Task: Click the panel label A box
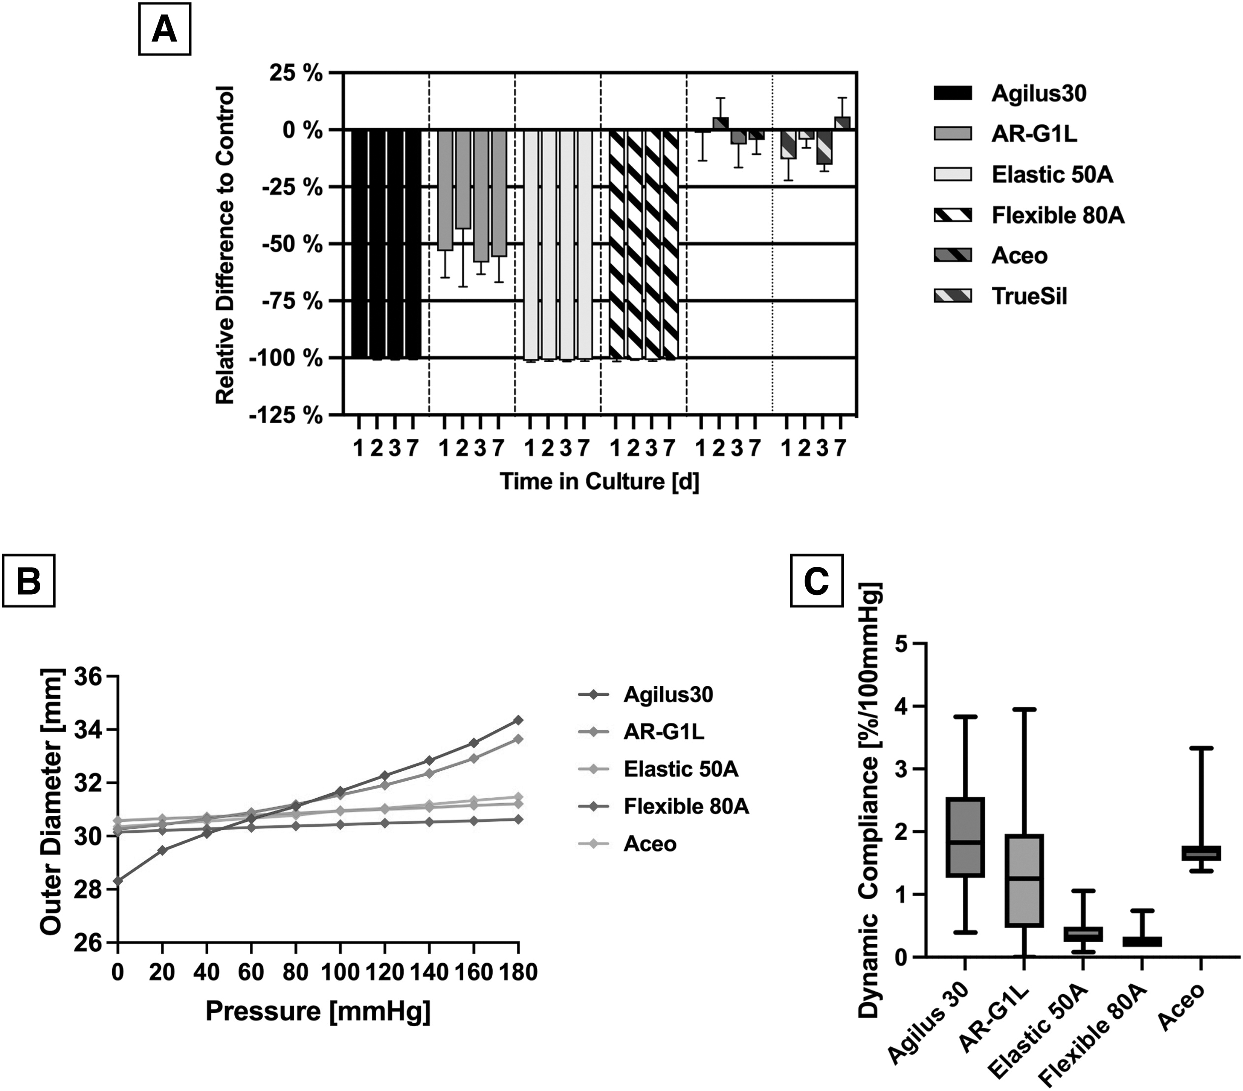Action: coord(164,30)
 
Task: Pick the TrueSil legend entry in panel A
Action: coord(1000,296)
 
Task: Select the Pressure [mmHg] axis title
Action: coord(318,1011)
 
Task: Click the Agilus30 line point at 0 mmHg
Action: coord(118,880)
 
